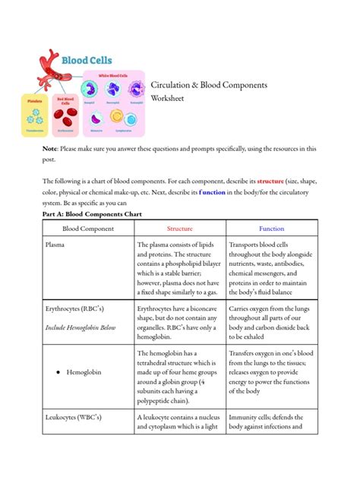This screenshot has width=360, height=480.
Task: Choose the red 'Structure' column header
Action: [179, 228]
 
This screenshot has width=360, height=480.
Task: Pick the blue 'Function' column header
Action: [271, 228]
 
